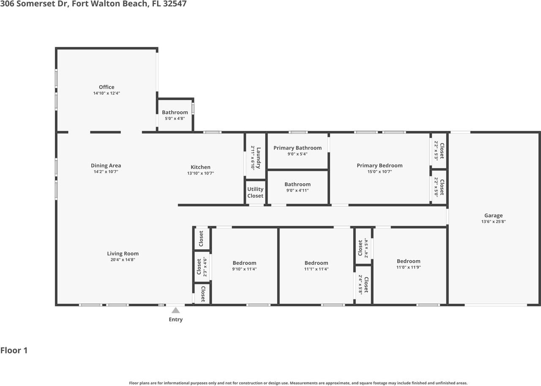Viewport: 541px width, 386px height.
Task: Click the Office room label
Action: [107, 87]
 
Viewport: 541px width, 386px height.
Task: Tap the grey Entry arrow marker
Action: [175, 310]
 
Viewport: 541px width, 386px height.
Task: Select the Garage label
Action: [493, 215]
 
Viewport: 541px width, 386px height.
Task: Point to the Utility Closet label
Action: [255, 193]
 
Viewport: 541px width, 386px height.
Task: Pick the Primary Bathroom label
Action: [297, 148]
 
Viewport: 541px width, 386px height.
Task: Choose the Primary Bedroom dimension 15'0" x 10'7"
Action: [380, 171]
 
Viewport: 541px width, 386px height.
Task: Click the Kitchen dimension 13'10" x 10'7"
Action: [200, 173]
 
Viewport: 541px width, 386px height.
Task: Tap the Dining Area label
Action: [106, 166]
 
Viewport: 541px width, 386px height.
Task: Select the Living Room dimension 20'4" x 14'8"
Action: [123, 260]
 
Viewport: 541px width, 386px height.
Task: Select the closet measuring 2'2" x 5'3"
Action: [439, 151]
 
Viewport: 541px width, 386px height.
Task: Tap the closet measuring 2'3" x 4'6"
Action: [202, 266]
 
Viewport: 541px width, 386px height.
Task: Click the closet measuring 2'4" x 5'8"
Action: [363, 285]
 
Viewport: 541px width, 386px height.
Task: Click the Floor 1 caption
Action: [14, 350]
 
